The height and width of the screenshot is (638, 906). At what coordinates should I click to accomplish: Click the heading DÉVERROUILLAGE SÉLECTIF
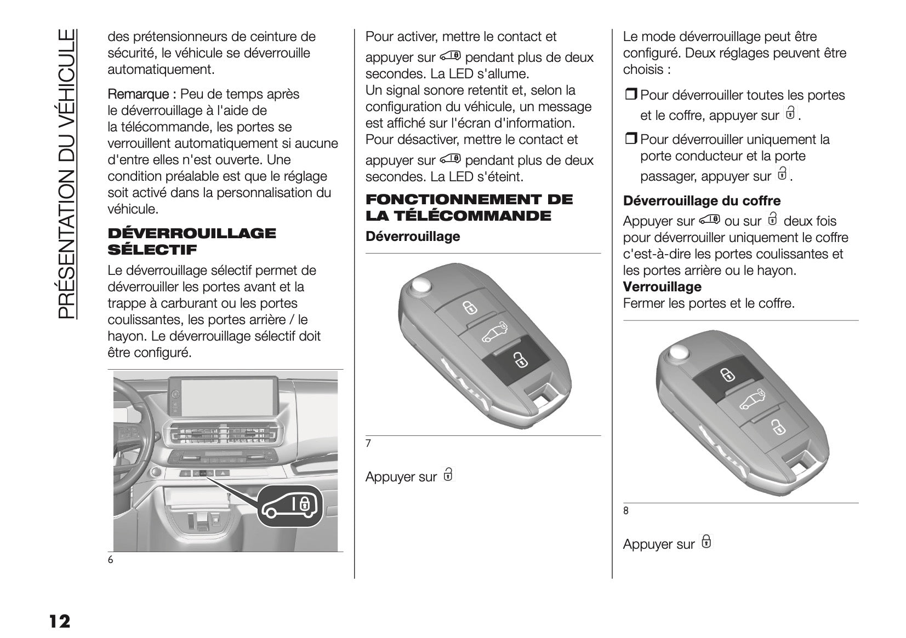pos(191,242)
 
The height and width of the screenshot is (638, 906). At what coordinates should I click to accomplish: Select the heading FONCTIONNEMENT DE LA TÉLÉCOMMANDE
pos(469,208)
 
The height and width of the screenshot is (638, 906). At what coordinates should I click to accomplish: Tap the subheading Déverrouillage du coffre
pos(702,201)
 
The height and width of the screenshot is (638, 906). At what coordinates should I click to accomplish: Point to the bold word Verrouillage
pos(662,287)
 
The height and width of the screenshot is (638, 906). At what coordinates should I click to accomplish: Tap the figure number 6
pos(111,560)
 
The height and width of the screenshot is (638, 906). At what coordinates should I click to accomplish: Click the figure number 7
pos(368,444)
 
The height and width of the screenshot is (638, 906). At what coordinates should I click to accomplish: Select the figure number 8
pos(626,511)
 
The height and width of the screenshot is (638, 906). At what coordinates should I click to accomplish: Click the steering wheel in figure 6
pos(132,433)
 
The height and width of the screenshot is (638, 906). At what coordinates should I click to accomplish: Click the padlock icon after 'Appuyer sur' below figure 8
pos(706,542)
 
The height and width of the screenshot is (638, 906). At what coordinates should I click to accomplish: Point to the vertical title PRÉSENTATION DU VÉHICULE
pos(65,174)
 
